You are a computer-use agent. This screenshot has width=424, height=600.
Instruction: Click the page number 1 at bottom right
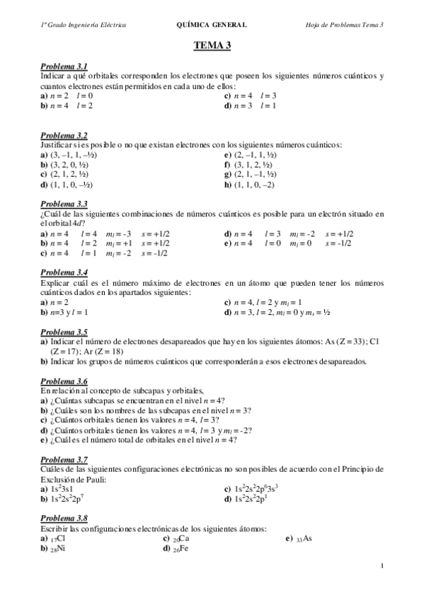[x=382, y=565]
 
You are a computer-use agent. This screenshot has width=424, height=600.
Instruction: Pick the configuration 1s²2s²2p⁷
[x=62, y=500]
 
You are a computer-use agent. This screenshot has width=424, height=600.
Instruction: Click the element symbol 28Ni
[x=57, y=548]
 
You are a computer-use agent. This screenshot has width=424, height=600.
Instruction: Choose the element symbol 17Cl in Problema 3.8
[x=57, y=538]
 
